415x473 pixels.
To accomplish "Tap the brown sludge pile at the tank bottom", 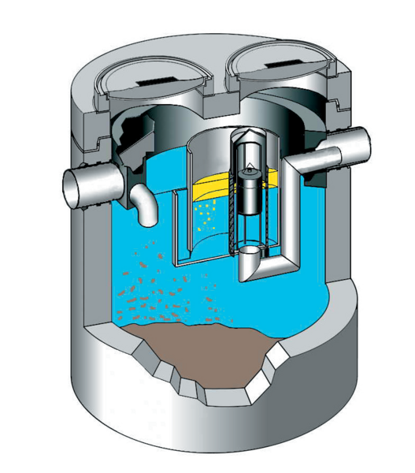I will (197, 339).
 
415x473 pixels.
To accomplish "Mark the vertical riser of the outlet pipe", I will (292, 213).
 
